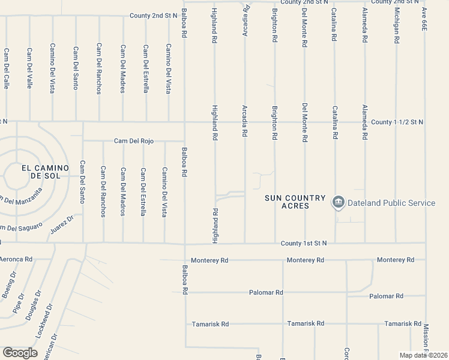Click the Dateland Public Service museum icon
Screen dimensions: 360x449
338,203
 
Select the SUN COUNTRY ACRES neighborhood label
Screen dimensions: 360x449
295,202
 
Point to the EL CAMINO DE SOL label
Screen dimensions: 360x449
45,172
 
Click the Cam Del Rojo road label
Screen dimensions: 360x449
134,141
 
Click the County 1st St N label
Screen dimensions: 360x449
304,243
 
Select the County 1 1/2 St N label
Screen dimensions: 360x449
397,122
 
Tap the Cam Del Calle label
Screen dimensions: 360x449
6,68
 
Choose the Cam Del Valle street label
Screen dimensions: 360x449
29,68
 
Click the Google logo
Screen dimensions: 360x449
20,353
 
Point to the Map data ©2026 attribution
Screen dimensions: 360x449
424,355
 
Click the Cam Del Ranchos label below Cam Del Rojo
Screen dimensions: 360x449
103,191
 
